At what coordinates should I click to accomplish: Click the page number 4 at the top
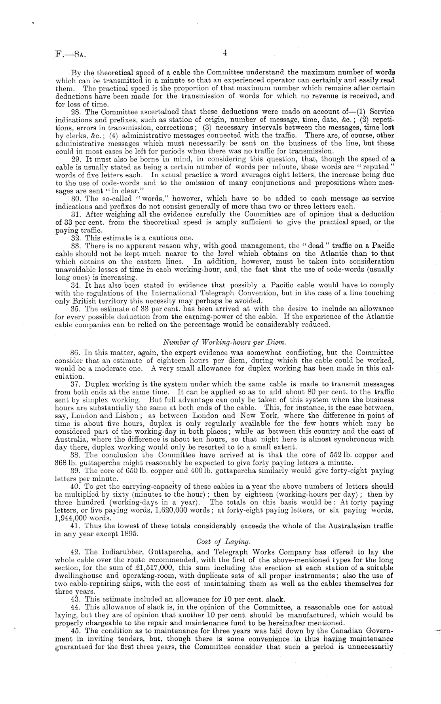pos(224,53)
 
